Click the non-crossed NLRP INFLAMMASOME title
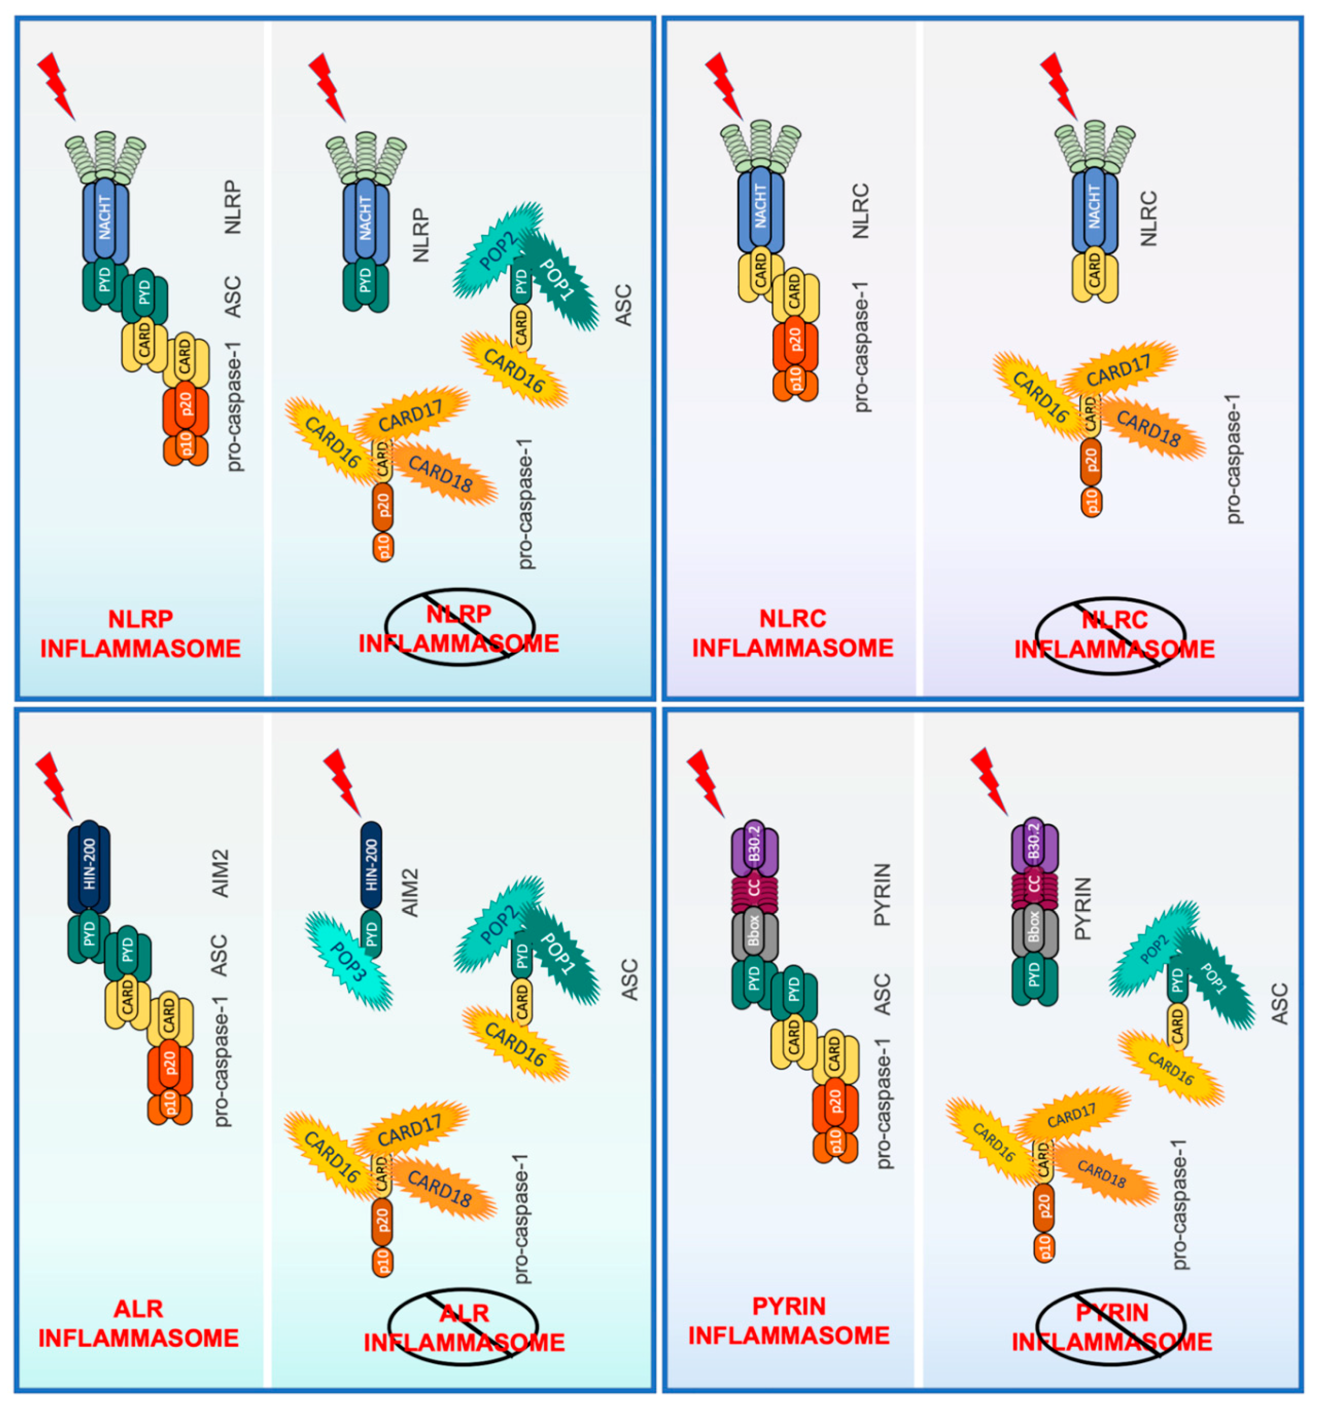(x=141, y=633)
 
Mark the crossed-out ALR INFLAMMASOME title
(x=464, y=1327)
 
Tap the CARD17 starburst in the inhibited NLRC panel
(x=1120, y=371)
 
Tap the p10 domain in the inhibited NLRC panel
(x=1092, y=501)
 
